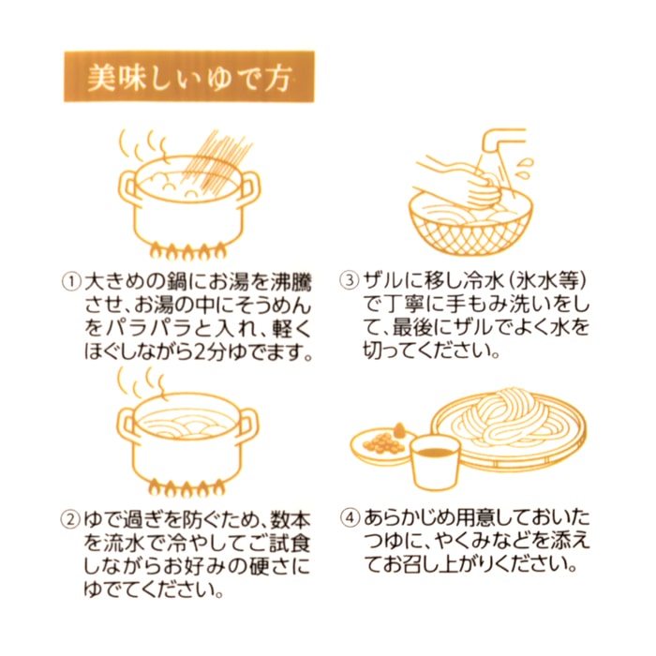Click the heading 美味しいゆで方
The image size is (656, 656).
coord(189,78)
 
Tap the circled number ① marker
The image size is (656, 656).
coord(71,281)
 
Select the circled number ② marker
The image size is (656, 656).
coord(71,520)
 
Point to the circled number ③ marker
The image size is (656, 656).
coord(350,280)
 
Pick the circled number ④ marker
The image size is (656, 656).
coord(350,518)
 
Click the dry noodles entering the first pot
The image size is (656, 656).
coord(217,161)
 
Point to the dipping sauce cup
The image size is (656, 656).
coord(435,461)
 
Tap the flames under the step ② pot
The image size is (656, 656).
coord(187,487)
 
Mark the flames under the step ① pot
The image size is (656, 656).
coord(188,250)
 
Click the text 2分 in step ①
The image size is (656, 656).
coord(210,352)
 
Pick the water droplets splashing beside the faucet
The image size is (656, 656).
coord(524,167)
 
